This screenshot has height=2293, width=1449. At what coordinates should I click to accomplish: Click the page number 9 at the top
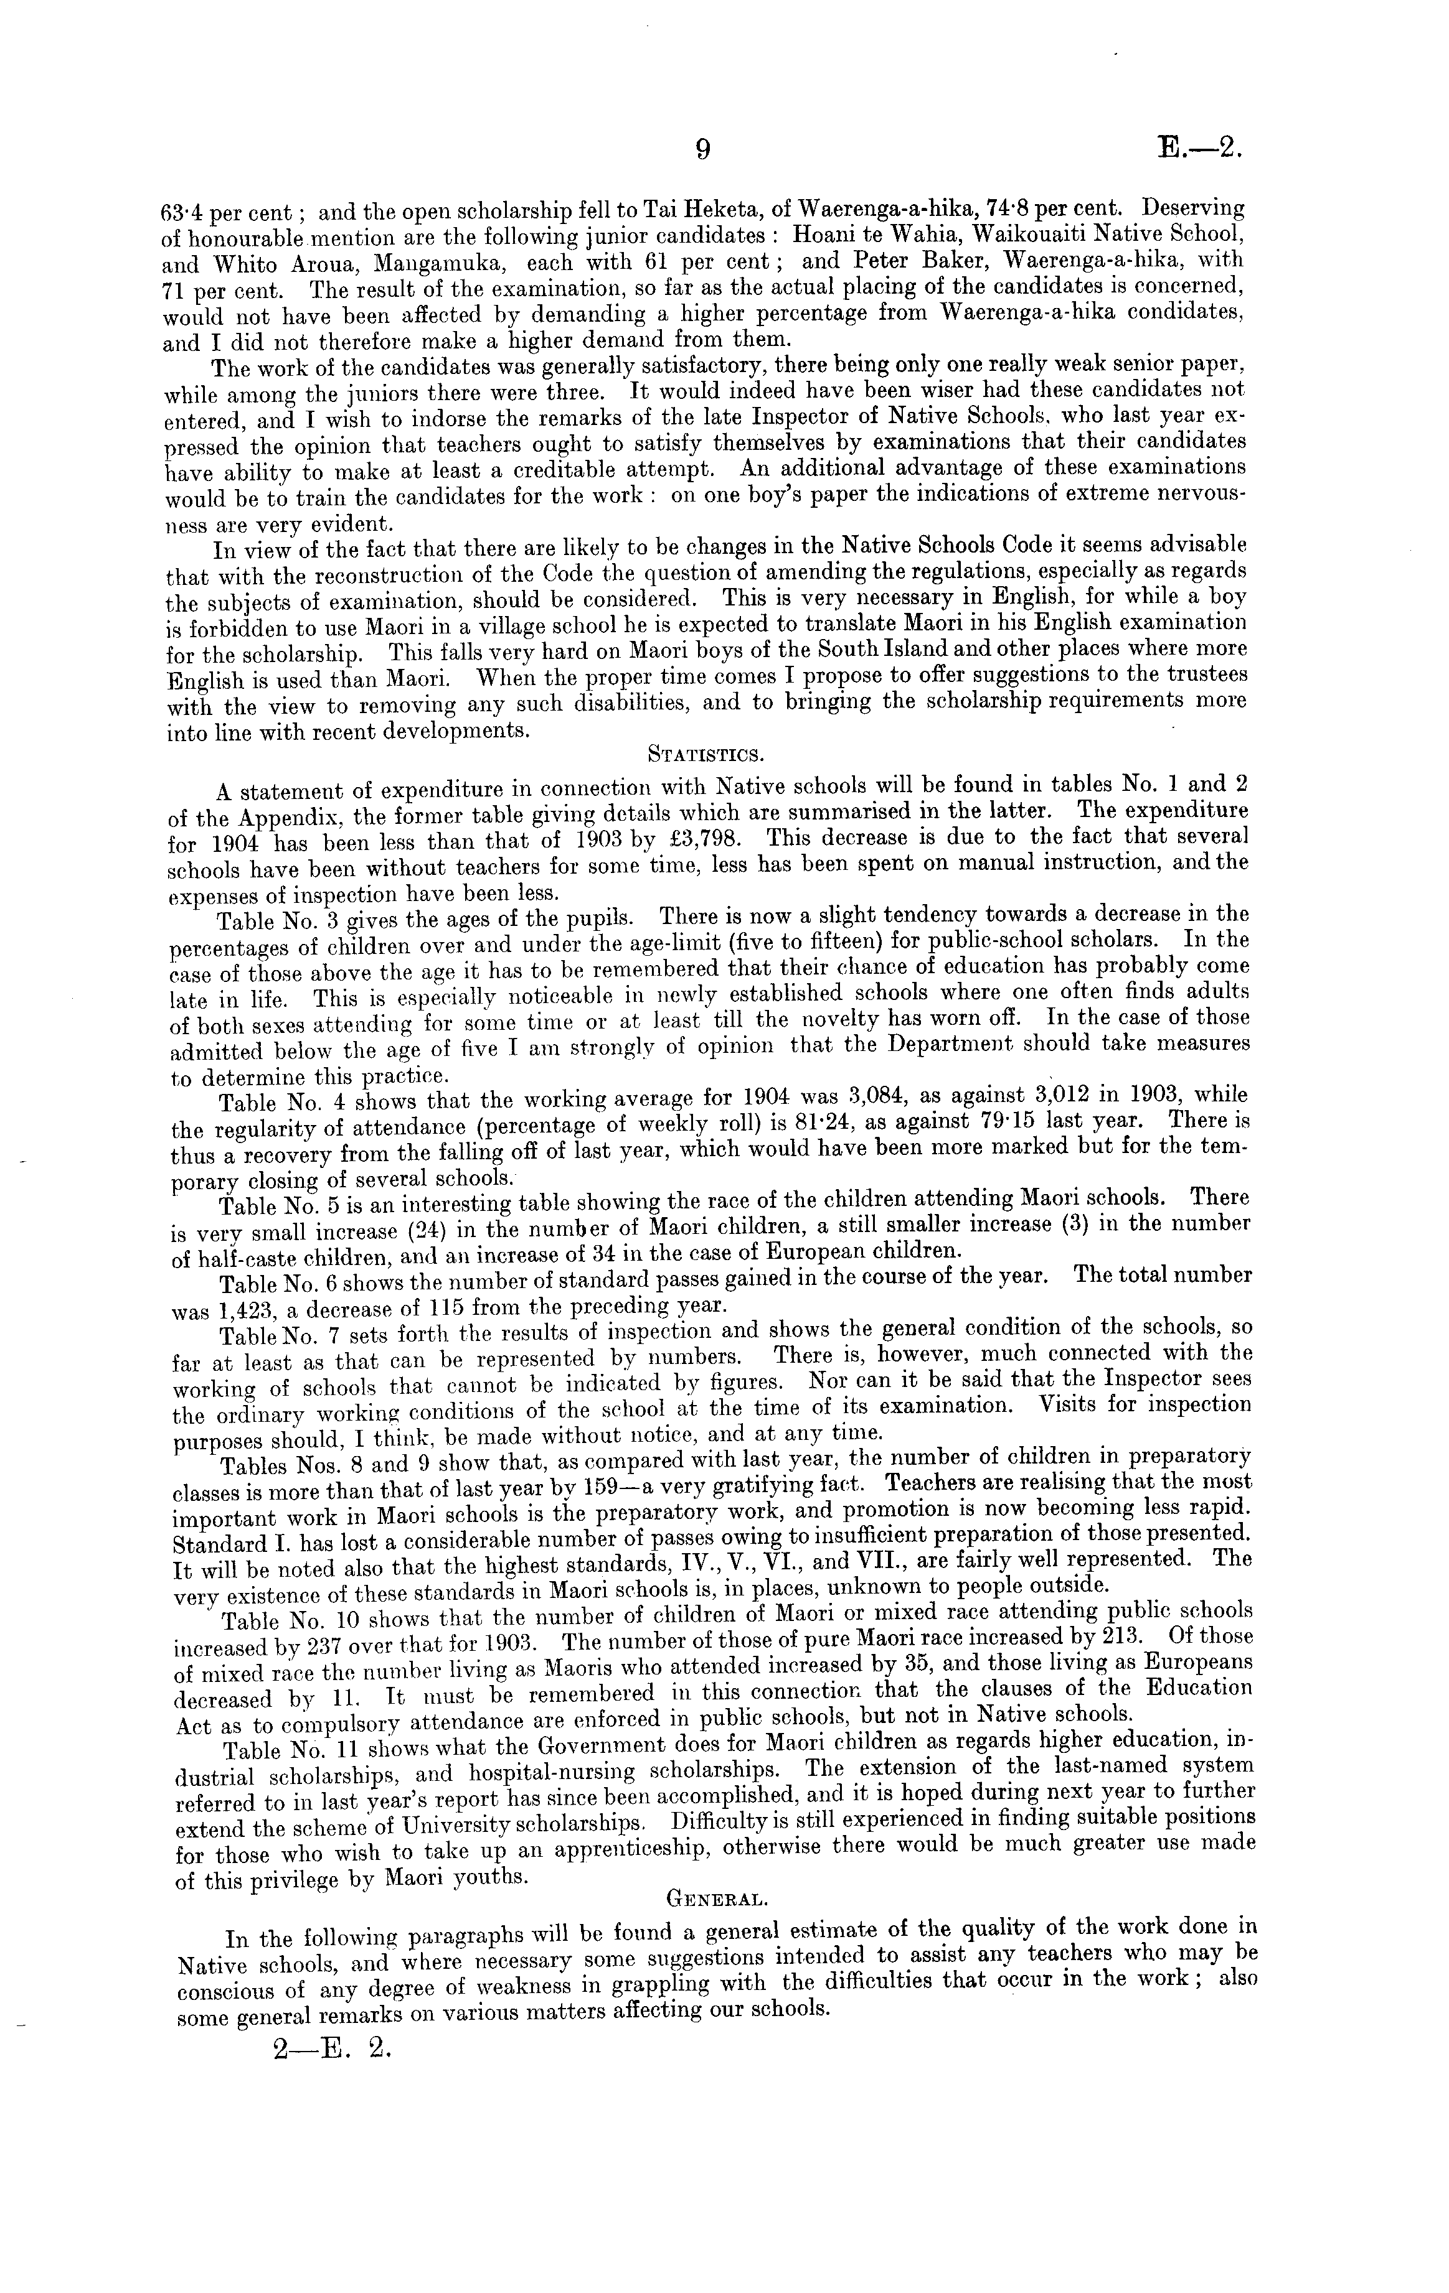coord(702,149)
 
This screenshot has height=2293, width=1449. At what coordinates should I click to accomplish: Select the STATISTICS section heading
coord(704,756)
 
